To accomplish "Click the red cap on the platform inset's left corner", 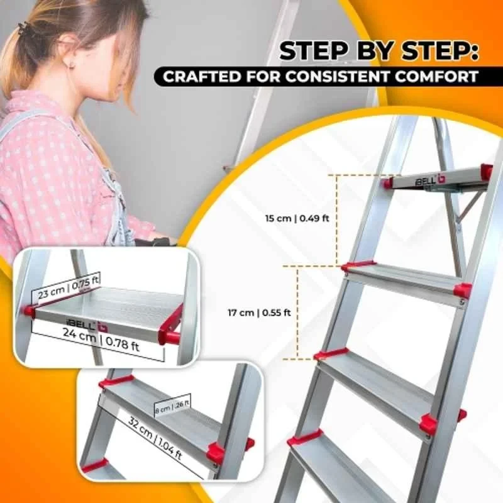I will point(29,311).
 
